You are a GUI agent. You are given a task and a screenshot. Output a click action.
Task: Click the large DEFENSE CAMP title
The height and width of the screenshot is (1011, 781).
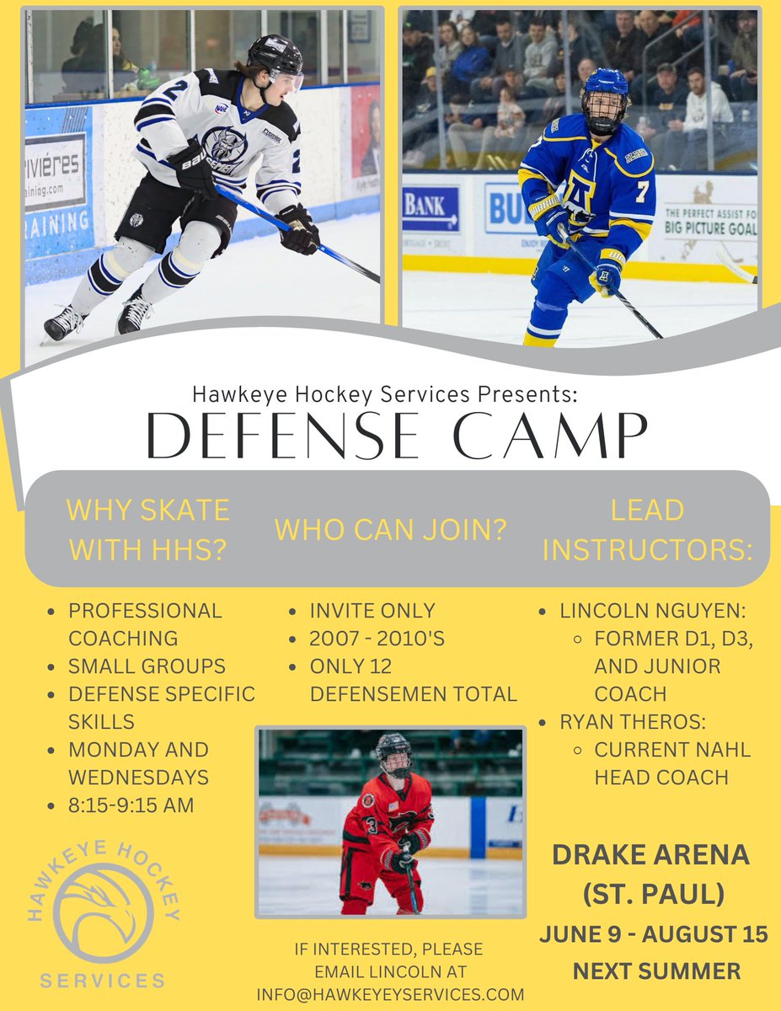(397, 436)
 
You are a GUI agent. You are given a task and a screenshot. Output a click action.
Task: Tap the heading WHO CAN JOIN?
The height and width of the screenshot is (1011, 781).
(390, 530)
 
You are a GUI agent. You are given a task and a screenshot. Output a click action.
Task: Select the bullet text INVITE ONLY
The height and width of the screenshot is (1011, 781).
(372, 611)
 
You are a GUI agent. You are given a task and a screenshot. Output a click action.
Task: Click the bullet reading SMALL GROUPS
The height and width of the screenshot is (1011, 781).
(147, 666)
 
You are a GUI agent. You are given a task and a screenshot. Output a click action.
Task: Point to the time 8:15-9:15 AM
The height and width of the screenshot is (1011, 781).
(131, 805)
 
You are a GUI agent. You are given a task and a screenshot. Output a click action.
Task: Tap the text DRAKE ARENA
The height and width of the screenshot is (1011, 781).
(650, 855)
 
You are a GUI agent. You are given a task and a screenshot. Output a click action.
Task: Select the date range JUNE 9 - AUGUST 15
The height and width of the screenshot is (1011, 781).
(654, 933)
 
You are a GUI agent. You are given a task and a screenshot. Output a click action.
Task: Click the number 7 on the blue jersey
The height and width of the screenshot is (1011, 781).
(641, 192)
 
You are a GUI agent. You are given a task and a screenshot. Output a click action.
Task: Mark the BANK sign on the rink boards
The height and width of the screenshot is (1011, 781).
(431, 209)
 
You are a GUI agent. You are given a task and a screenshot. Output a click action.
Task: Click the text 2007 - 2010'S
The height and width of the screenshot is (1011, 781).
(376, 638)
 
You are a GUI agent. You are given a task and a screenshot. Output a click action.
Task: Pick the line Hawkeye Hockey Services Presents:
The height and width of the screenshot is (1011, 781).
(384, 393)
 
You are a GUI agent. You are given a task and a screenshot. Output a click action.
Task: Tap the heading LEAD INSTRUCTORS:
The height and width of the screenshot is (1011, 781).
(648, 530)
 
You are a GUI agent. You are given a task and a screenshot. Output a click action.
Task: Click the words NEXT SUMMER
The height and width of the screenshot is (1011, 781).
(656, 971)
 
